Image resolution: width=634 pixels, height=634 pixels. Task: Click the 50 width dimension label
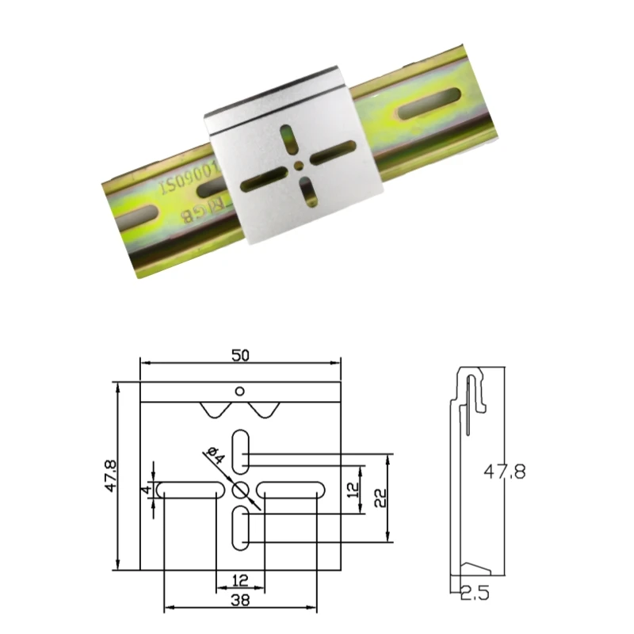click(x=240, y=355)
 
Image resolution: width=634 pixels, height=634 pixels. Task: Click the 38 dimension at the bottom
click(x=240, y=602)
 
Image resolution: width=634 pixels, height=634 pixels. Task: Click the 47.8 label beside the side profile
click(x=505, y=472)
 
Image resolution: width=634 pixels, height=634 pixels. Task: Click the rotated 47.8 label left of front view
click(x=111, y=475)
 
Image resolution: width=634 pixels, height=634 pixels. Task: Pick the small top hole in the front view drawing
click(x=240, y=390)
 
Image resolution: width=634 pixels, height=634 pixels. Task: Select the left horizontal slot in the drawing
click(x=189, y=489)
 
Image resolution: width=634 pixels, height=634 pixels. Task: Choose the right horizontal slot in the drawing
click(x=292, y=489)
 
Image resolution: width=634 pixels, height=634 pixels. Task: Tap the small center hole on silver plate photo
click(x=296, y=165)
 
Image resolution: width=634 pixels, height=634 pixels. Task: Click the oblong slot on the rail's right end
click(x=429, y=104)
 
